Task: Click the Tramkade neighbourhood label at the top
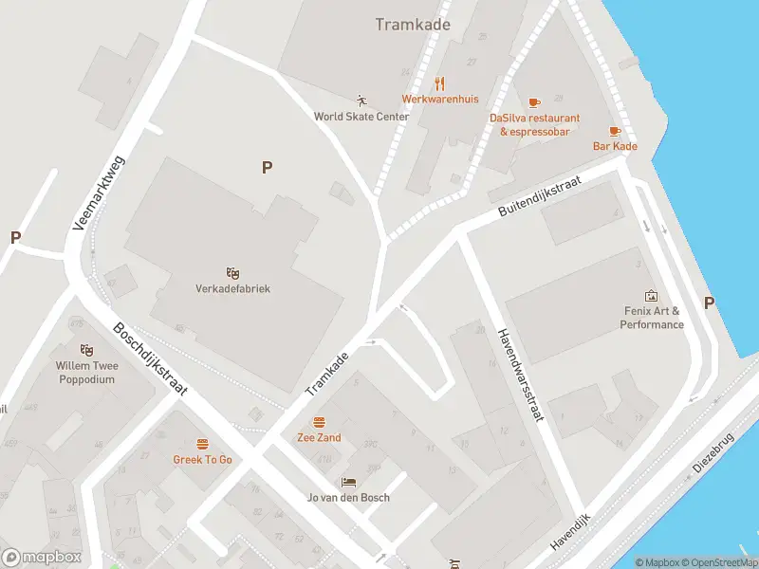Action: pos(413,25)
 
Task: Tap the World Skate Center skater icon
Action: pos(361,100)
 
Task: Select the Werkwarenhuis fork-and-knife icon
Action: pos(439,83)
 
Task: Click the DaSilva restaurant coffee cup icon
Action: pos(534,101)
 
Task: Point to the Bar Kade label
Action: pos(615,146)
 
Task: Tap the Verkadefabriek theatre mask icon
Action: pos(232,273)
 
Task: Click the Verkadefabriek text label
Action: pos(232,288)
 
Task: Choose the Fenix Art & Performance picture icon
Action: pos(651,296)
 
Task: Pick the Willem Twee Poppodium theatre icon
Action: pos(86,350)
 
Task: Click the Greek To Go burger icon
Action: pos(202,444)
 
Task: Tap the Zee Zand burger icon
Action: pos(319,422)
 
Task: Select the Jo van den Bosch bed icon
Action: pos(348,482)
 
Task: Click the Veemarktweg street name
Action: pos(99,195)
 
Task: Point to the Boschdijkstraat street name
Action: pos(151,358)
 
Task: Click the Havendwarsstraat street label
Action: pos(519,375)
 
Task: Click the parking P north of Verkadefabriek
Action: pos(268,167)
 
